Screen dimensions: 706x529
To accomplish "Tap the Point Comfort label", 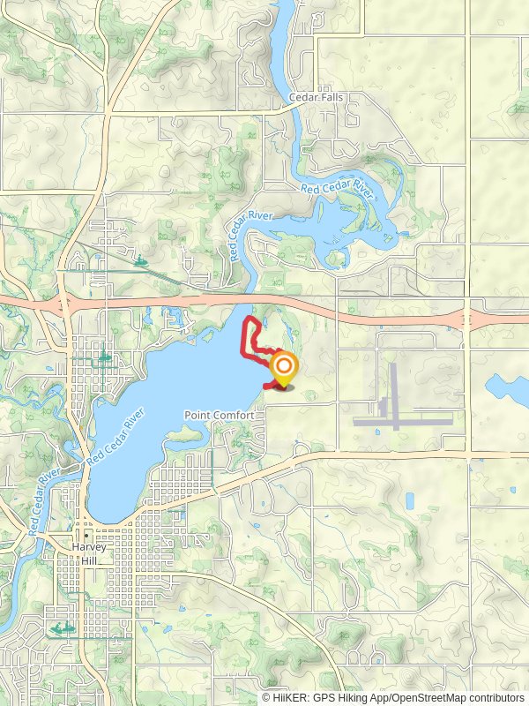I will [x=220, y=415].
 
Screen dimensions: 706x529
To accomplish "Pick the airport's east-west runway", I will [x=404, y=421].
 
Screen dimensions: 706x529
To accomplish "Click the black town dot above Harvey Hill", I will [x=87, y=536].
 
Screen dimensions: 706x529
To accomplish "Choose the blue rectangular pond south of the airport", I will [x=409, y=500].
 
